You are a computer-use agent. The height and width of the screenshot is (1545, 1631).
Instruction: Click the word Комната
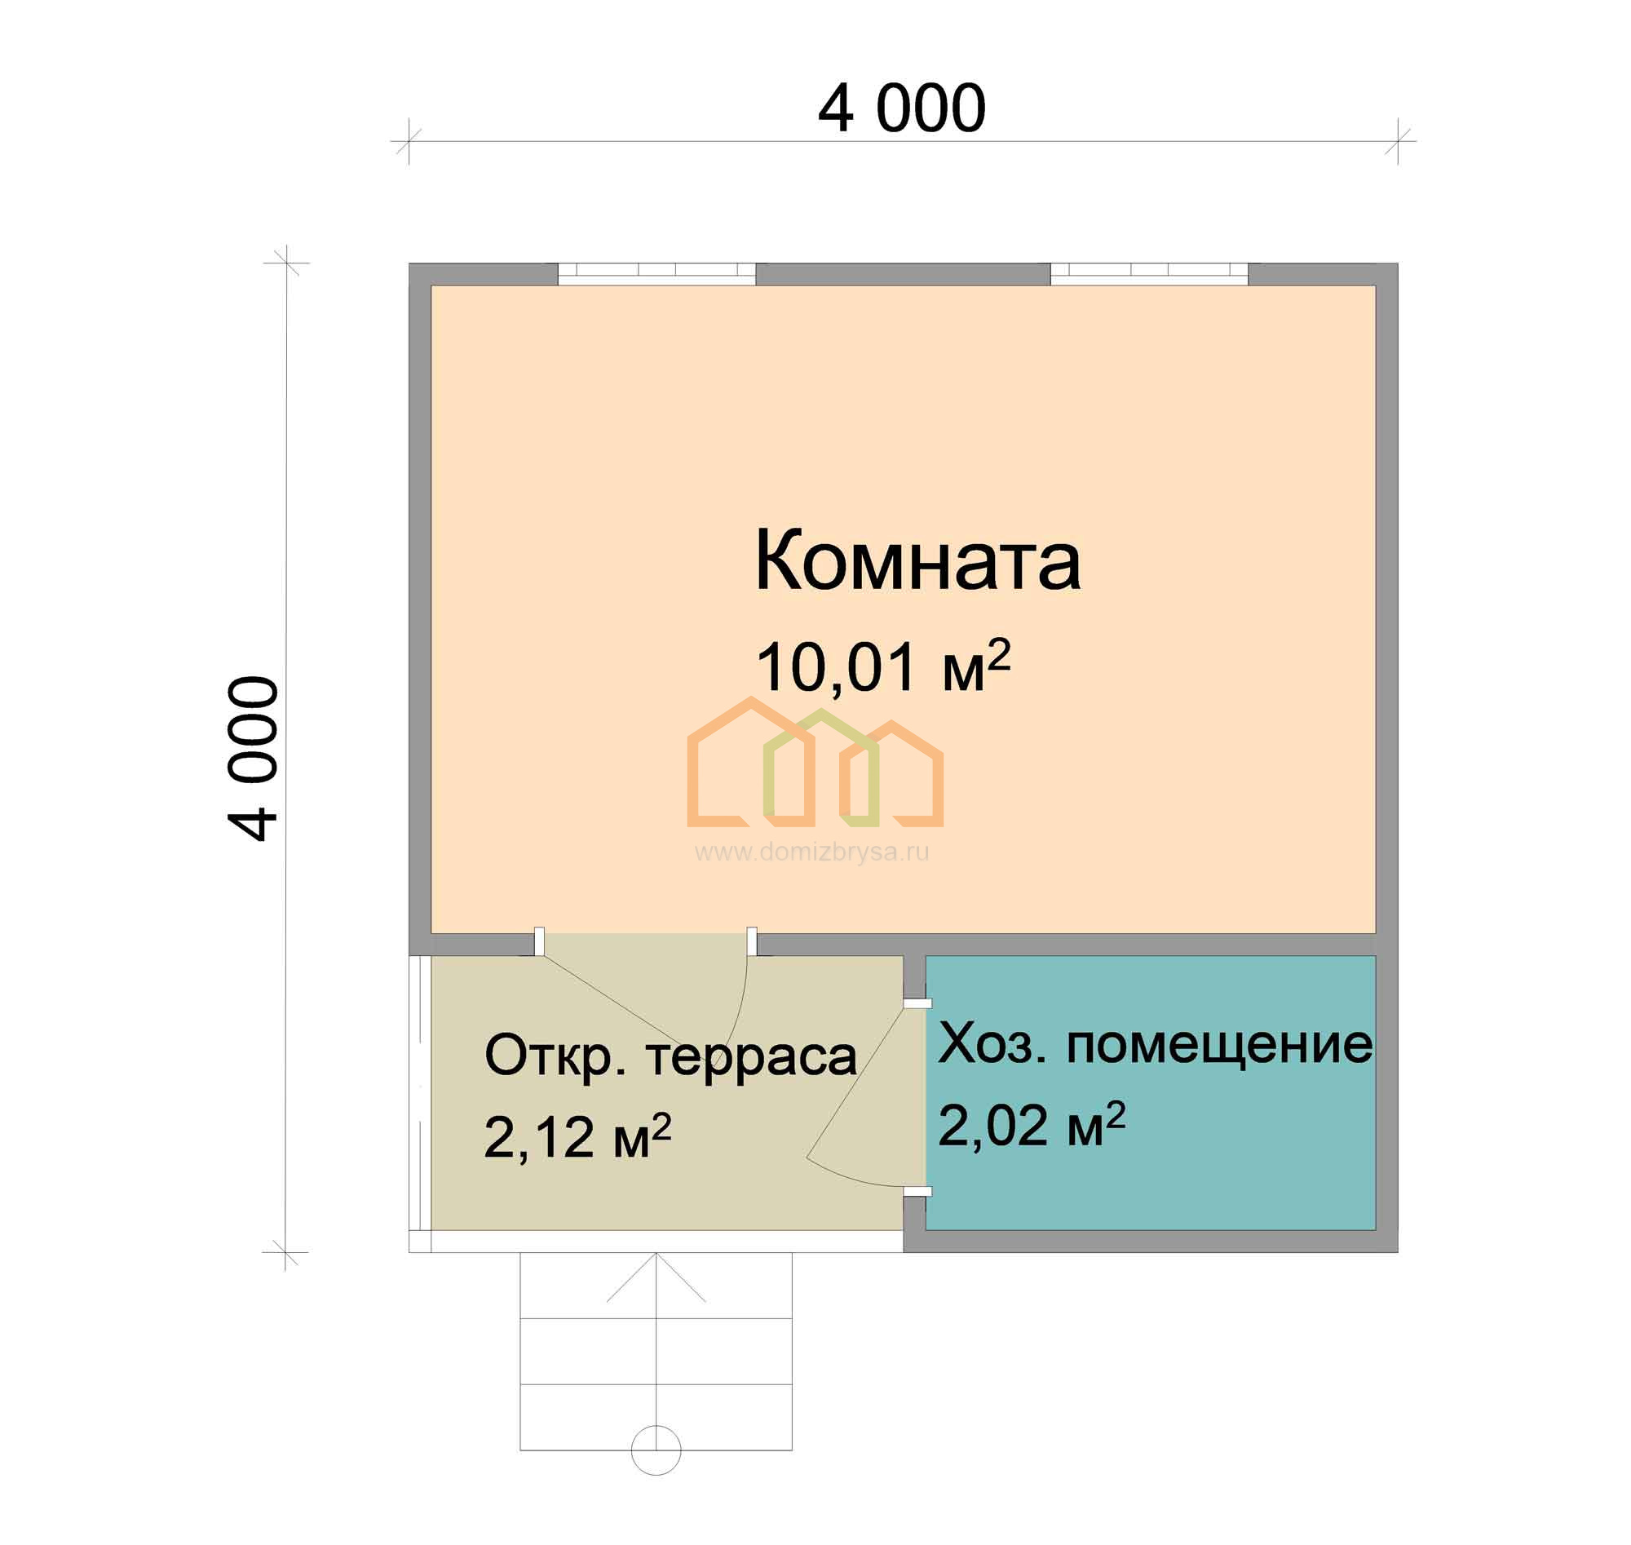point(917,561)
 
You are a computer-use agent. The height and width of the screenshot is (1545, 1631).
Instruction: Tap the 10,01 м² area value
point(882,666)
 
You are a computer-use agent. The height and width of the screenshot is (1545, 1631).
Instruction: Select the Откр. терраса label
point(670,1057)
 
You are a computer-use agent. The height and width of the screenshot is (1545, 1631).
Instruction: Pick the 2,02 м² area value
point(1032,1125)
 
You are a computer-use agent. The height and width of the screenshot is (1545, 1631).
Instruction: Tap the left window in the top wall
point(657,273)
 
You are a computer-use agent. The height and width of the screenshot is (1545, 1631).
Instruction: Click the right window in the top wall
point(1149,273)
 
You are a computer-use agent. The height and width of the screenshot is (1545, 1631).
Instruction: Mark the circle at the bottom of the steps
point(656,1450)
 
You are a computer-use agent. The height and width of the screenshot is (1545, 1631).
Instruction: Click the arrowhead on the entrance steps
point(656,1277)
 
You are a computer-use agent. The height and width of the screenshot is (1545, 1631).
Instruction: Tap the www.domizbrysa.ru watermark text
point(811,852)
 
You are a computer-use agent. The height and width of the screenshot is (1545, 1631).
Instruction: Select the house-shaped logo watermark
point(815,762)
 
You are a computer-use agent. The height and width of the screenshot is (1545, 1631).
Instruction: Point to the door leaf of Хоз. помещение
point(856,1080)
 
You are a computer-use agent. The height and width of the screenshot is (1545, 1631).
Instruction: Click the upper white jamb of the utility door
point(918,1004)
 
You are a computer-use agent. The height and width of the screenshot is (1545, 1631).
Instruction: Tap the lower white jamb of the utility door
point(918,1191)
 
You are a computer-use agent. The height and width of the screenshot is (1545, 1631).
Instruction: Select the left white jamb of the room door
point(539,941)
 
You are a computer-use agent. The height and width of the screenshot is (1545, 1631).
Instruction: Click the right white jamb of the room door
point(752,941)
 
